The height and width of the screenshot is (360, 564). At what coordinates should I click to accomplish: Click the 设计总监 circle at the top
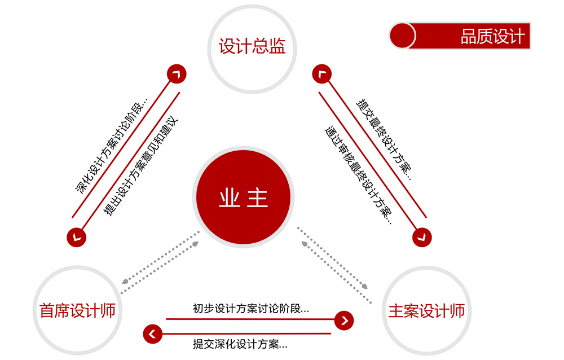(x=252, y=49)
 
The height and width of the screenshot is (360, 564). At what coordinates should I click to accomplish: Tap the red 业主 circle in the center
(x=243, y=197)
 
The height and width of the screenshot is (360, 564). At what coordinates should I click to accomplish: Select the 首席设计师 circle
(x=77, y=310)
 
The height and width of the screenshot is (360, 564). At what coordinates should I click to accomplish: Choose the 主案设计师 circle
(x=426, y=310)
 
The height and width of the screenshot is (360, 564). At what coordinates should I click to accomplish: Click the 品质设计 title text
(x=492, y=36)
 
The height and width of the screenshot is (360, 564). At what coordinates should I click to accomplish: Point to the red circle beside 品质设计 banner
(x=402, y=36)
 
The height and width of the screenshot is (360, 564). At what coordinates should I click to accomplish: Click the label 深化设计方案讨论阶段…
(x=112, y=145)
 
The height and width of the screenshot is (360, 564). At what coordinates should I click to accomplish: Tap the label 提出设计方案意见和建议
(x=140, y=166)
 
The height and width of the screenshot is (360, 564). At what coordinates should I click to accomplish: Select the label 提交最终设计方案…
(x=384, y=140)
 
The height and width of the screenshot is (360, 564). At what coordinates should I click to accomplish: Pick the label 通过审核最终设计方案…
(x=358, y=175)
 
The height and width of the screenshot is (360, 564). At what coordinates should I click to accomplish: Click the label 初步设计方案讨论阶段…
(x=251, y=309)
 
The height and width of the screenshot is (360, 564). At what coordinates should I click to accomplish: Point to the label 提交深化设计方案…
(x=240, y=344)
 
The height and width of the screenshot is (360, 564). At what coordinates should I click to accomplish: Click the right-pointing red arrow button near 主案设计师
(x=344, y=321)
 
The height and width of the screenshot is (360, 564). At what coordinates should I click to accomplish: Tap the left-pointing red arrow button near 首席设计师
(x=152, y=333)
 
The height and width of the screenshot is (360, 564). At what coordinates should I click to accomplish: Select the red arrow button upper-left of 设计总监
(x=177, y=74)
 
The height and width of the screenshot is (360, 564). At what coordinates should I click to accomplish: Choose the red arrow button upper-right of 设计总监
(x=322, y=74)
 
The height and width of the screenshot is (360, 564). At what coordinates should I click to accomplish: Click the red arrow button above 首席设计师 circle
(x=77, y=237)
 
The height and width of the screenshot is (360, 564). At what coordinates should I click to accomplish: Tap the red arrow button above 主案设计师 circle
(x=422, y=237)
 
